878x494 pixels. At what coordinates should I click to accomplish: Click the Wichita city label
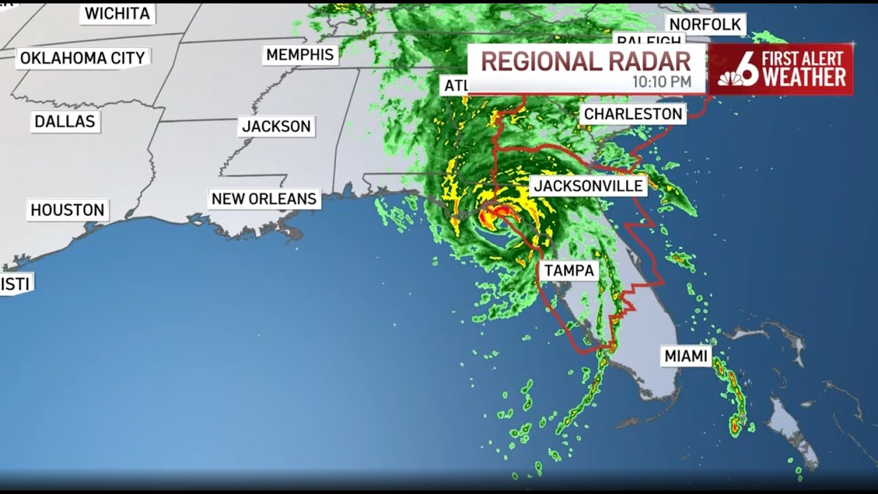[x=117, y=14]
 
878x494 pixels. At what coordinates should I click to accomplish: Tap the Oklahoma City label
[x=82, y=58]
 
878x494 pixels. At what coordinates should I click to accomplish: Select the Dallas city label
[x=65, y=122]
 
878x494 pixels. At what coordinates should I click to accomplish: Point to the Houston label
[x=67, y=210]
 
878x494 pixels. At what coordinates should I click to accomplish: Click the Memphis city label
[x=300, y=55]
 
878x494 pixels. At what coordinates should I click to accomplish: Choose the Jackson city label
[x=276, y=126]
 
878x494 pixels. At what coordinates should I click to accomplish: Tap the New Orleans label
[x=264, y=199]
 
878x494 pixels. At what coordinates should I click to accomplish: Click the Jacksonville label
[x=589, y=186]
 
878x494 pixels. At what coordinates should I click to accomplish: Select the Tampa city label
[x=569, y=270]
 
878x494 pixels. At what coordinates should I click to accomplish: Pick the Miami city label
[x=685, y=356]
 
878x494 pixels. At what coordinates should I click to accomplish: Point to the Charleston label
[x=632, y=114]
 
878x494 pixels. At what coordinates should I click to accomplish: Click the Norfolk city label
[x=705, y=25]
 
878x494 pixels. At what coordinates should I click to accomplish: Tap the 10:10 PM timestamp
[x=662, y=82]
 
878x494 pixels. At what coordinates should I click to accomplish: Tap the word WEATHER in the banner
[x=804, y=78]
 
